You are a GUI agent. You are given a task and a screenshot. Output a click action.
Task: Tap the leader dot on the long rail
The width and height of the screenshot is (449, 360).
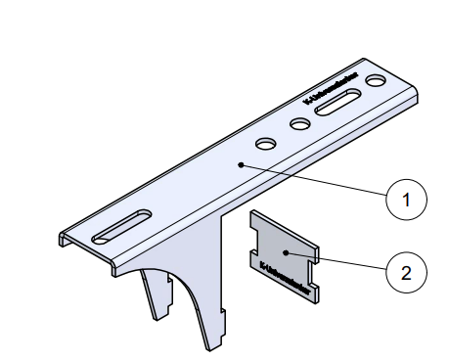(240, 165)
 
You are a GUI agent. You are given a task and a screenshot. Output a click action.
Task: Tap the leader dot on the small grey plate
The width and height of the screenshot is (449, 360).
(285, 252)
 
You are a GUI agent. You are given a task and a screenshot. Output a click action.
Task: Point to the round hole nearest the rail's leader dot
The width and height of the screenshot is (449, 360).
(265, 144)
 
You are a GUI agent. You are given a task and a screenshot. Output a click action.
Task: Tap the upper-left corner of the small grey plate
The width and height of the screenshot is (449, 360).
(253, 212)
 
